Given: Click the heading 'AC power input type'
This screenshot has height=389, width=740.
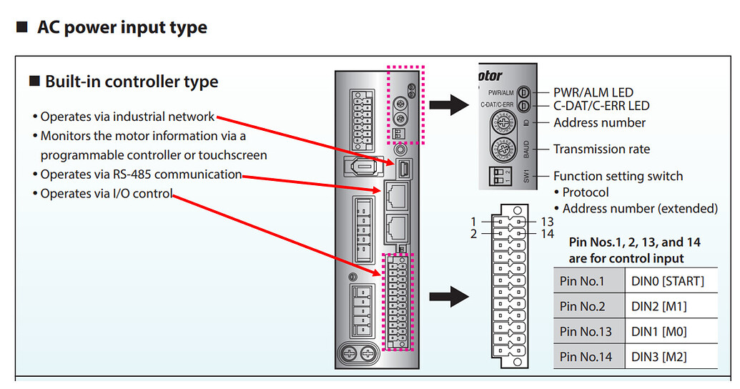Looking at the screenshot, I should coord(122,28).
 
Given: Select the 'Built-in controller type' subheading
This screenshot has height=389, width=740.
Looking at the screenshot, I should coord(131,82).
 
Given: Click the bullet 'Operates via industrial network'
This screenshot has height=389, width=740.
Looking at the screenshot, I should coord(127,117).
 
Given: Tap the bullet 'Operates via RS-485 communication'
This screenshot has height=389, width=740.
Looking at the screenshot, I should coord(141,174).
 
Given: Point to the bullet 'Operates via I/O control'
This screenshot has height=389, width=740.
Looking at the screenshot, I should coord(107,194).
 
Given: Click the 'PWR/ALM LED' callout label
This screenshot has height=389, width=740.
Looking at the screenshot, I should coord(593,92).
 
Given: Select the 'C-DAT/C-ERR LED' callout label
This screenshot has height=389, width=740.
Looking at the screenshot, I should coord(601,106).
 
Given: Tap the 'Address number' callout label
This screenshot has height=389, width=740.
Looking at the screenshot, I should coord(599,123).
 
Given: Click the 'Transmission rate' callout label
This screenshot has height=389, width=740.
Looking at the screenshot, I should coord(601,149).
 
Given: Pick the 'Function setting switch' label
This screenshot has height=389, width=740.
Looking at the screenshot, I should coord(618,176).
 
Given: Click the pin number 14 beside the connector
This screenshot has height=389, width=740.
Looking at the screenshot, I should coord(547,234).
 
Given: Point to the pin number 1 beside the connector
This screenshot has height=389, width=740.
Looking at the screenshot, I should coord(473,222).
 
